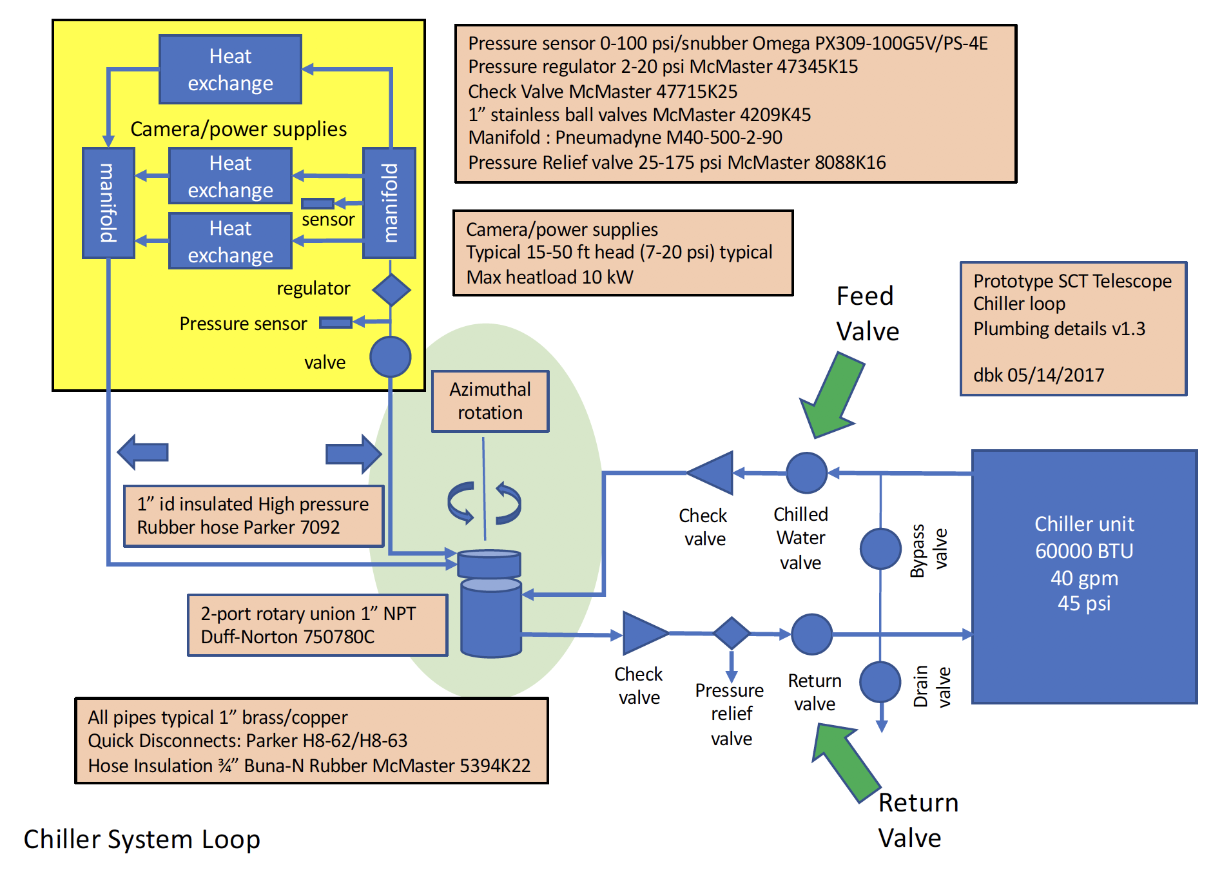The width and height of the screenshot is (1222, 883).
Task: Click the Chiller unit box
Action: tap(1084, 576)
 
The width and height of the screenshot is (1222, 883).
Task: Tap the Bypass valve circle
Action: tap(880, 548)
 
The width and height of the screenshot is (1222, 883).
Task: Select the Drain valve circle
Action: tap(880, 681)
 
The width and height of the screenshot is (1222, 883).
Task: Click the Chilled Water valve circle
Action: tap(807, 472)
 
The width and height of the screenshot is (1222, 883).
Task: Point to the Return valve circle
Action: tap(811, 634)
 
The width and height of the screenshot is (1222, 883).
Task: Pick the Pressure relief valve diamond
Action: tap(732, 633)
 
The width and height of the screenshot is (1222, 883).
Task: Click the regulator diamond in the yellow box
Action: tap(391, 289)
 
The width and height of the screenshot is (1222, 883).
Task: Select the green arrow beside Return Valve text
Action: tap(844, 761)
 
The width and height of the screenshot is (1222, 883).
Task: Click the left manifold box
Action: tap(108, 203)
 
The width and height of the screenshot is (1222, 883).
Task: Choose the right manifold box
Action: tap(389, 203)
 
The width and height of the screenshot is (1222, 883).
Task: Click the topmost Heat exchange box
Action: tap(230, 70)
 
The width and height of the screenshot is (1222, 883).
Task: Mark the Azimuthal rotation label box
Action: tap(490, 401)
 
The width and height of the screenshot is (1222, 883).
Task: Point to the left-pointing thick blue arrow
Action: tap(143, 452)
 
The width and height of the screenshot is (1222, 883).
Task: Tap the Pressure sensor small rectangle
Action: tap(336, 322)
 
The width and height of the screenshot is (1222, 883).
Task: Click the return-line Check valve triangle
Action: tap(644, 634)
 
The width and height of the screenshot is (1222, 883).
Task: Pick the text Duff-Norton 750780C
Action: tap(287, 637)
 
